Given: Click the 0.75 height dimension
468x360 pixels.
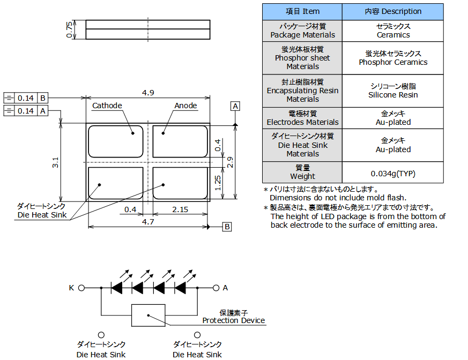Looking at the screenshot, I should pos(69,29).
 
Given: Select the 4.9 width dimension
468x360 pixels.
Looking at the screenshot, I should pos(148,93).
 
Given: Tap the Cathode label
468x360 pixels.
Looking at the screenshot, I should pos(107,106).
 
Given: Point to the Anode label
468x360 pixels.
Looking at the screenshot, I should pos(185,106).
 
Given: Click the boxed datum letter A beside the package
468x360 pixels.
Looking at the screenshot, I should pos(235,106).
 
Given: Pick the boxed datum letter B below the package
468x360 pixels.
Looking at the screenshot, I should pos(227,227).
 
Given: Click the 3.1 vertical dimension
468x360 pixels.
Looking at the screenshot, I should pos(55,163).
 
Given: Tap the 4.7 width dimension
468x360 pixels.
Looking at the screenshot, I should pos(148,221).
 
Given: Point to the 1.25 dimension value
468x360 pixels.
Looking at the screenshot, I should pos(218,182).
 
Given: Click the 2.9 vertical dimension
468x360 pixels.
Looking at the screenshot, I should pos(230,162).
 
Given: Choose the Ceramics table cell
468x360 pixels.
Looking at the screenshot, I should pos(393,31).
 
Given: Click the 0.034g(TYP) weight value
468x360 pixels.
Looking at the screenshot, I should pos(393,173).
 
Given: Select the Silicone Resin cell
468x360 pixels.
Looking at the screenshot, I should pos(393,91).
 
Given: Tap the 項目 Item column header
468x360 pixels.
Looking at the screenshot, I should pos(302,11).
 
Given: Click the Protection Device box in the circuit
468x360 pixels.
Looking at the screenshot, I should pos(148,315).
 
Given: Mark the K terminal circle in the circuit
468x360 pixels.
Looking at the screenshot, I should pos(81,288).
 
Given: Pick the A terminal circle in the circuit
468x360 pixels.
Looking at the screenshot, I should pos(216,288).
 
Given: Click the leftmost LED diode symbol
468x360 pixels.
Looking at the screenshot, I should pos(118,288).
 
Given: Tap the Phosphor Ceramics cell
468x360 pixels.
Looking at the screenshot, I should pos(393,58).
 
